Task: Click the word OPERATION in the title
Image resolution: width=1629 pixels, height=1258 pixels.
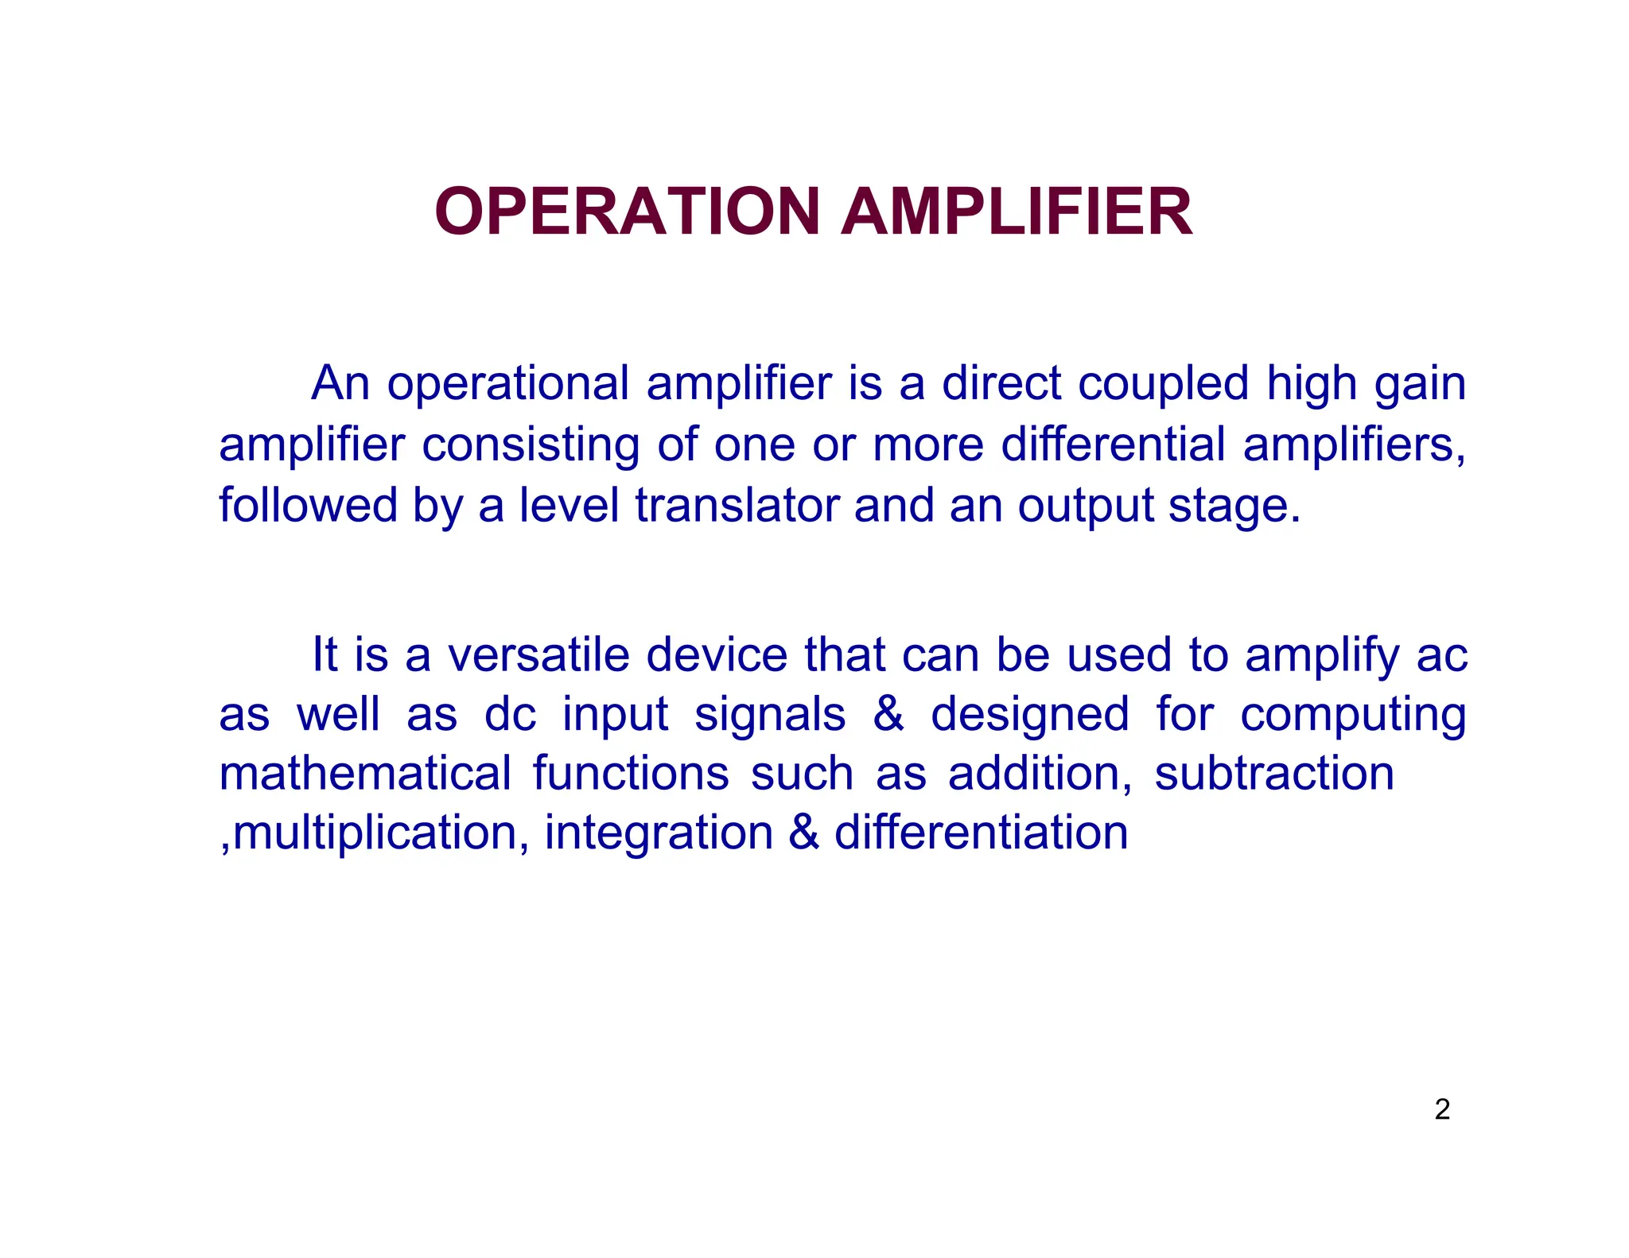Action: [x=627, y=212]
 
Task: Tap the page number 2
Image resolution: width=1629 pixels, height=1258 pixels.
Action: [x=1442, y=1109]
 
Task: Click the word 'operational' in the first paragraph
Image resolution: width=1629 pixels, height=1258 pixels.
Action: [x=508, y=384]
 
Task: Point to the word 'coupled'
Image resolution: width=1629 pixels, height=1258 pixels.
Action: [x=1163, y=384]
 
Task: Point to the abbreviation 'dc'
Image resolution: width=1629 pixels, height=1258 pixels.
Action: [x=510, y=714]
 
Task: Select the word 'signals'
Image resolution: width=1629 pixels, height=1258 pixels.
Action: [x=769, y=716]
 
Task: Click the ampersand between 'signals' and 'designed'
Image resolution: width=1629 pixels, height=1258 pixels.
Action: [x=888, y=714]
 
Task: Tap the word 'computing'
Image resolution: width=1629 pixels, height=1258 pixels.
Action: [x=1352, y=716]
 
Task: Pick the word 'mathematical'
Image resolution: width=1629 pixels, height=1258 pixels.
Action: [x=365, y=773]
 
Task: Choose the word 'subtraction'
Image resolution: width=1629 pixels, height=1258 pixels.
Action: [x=1274, y=773]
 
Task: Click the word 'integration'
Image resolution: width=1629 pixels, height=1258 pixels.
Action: [x=659, y=834]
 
